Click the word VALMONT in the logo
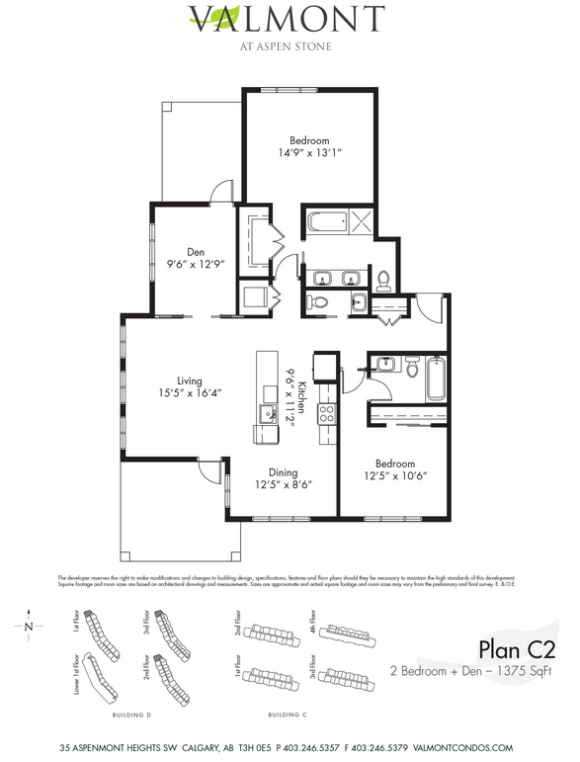[x=286, y=19]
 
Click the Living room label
[x=188, y=381]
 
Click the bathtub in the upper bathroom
[x=326, y=221]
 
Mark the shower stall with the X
[x=361, y=221]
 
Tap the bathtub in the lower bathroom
[x=436, y=380]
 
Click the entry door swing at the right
[x=432, y=310]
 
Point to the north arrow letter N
[x=30, y=626]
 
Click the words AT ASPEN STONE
[x=286, y=44]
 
